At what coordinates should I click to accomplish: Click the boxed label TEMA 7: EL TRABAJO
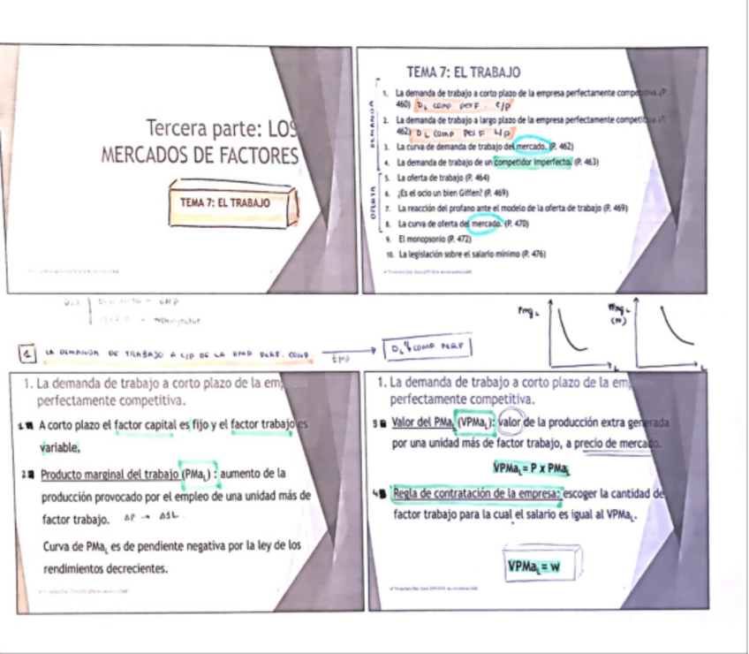pos(225,202)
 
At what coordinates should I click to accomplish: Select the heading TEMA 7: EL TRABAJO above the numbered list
pos(463,72)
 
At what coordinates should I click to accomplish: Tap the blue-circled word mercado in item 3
pos(531,147)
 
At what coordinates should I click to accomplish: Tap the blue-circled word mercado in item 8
pos(486,224)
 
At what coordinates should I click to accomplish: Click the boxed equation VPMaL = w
pos(534,566)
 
